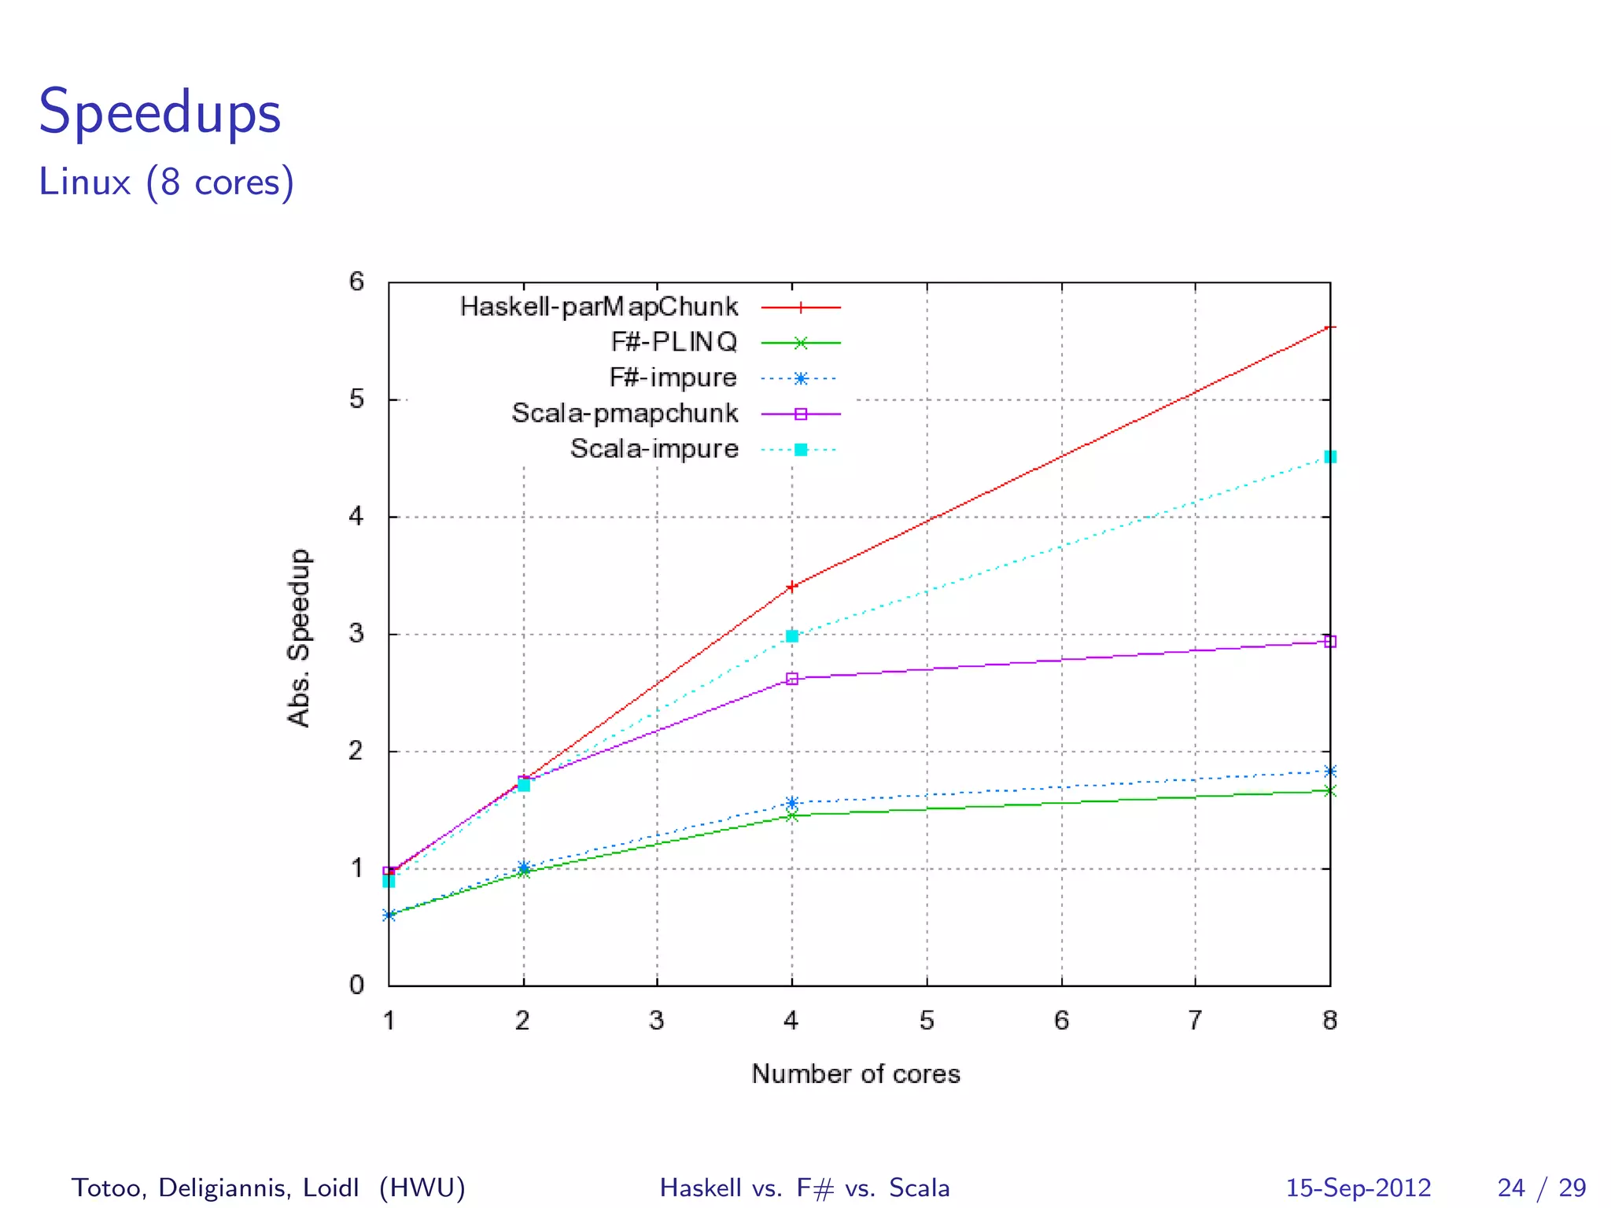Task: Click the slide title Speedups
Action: coord(160,112)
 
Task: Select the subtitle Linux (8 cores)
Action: coord(166,182)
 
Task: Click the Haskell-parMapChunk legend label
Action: coord(599,307)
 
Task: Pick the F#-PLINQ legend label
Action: coord(674,342)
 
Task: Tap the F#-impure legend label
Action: coord(673,377)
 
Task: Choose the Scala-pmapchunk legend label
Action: coord(625,413)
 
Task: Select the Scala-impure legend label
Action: coord(654,448)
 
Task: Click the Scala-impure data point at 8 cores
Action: coord(1330,457)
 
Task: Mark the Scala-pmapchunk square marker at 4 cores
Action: coord(792,679)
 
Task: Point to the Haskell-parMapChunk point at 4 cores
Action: coord(792,586)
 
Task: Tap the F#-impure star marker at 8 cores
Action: coord(1330,772)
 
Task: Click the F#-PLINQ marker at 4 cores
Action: coord(792,816)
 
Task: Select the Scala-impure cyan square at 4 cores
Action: coord(792,636)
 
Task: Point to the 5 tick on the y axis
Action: coord(357,400)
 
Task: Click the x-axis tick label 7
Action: coord(1195,1021)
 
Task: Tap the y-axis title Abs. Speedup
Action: coord(299,638)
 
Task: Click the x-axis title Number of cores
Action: coord(856,1074)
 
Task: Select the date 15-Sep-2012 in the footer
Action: coord(1358,1188)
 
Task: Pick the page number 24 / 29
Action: coord(1542,1188)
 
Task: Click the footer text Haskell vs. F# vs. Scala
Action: coord(805,1188)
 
